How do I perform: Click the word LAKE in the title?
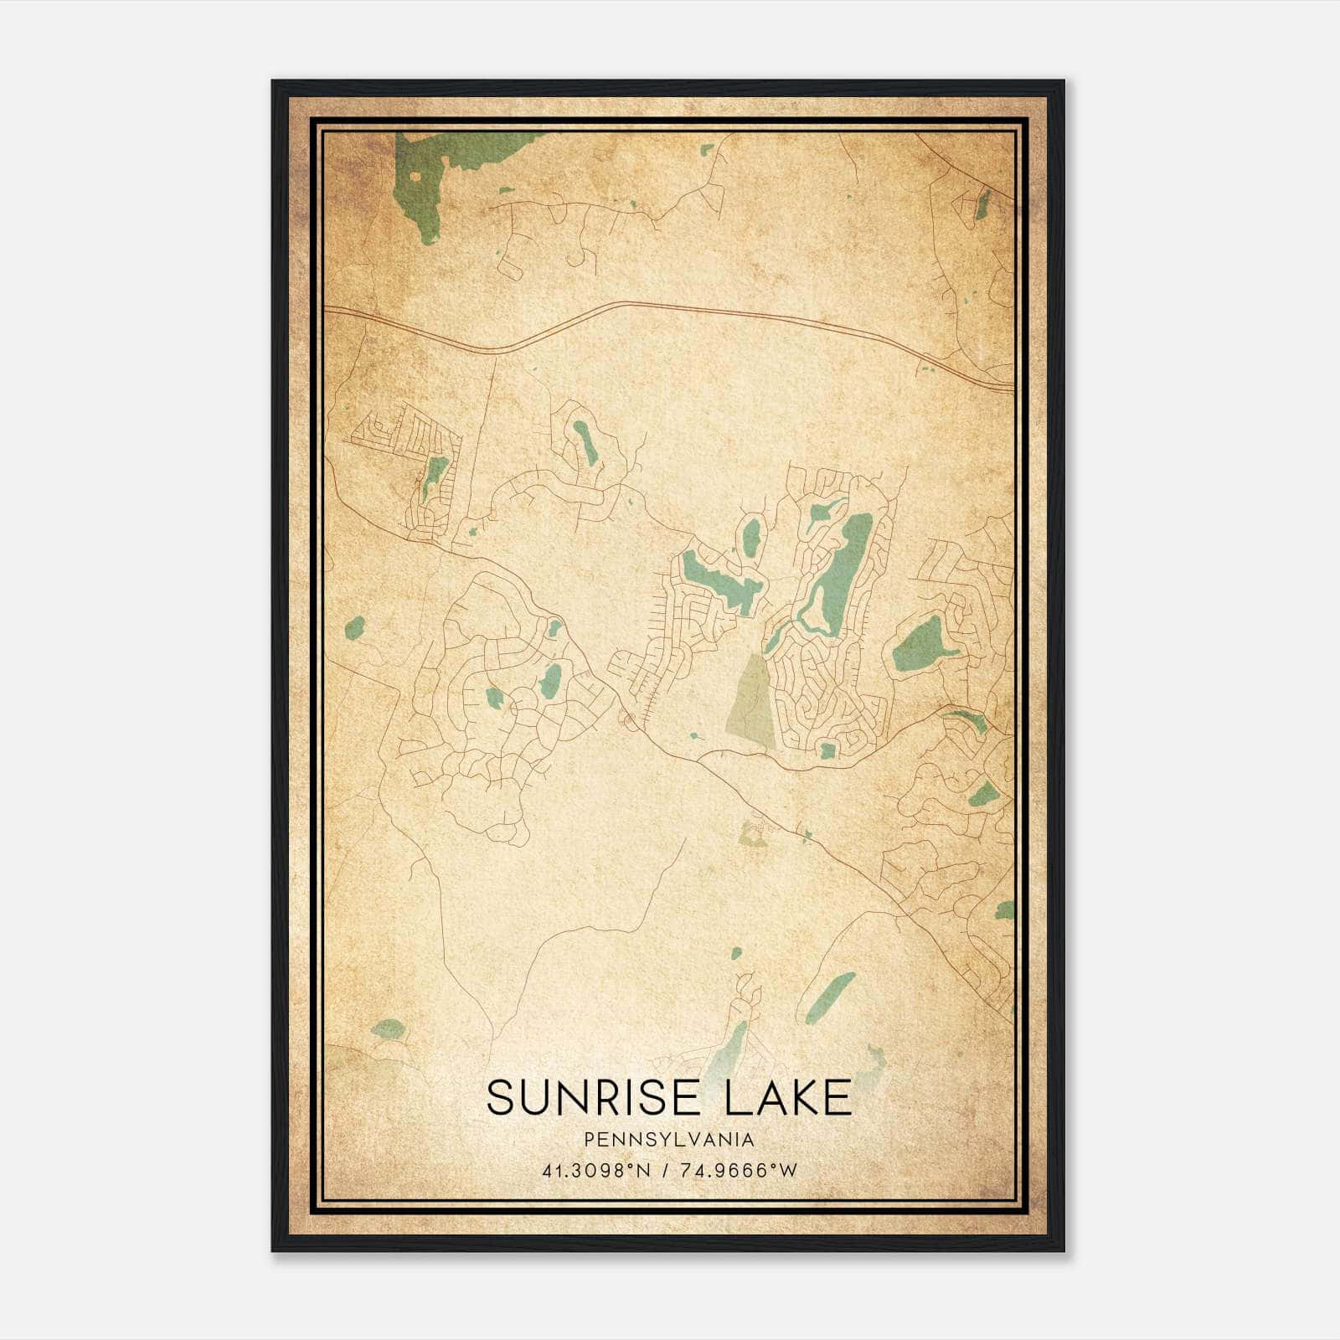click(x=788, y=1098)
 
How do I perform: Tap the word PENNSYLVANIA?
click(x=669, y=1140)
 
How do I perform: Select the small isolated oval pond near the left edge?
click(x=354, y=627)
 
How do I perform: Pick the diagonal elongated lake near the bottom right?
click(x=831, y=997)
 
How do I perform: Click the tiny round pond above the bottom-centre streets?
click(x=735, y=953)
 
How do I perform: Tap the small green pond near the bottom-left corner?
click(x=387, y=1029)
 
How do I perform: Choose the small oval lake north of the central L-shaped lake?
click(x=752, y=536)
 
